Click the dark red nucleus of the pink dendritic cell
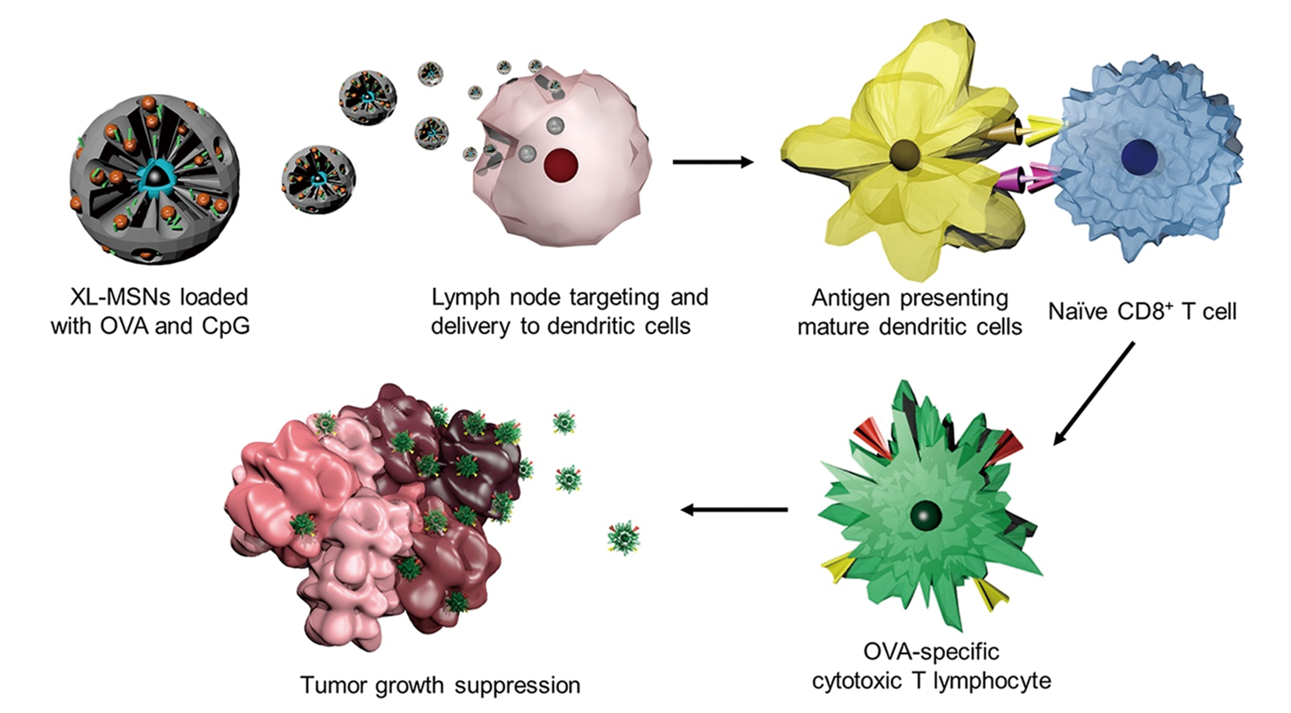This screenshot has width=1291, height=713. (561, 165)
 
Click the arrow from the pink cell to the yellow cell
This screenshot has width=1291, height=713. (713, 162)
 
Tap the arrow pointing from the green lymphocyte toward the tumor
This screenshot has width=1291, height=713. (734, 510)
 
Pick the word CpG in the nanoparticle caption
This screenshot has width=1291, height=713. (226, 327)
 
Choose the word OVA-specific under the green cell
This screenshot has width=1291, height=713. (931, 652)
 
